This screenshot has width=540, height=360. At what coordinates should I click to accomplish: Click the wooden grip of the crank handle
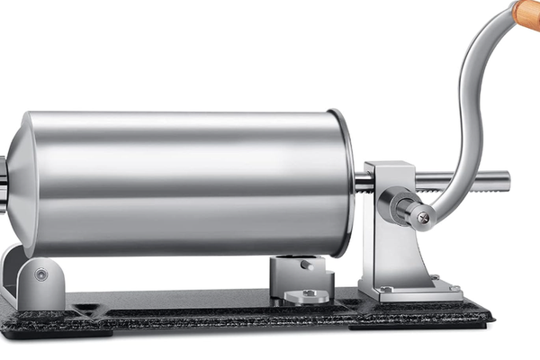click(x=527, y=13)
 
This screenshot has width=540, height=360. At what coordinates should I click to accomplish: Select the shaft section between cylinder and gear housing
click(x=363, y=182)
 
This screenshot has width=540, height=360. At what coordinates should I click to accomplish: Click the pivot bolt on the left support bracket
click(x=41, y=274)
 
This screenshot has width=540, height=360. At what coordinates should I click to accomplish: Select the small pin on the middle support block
click(x=308, y=265)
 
